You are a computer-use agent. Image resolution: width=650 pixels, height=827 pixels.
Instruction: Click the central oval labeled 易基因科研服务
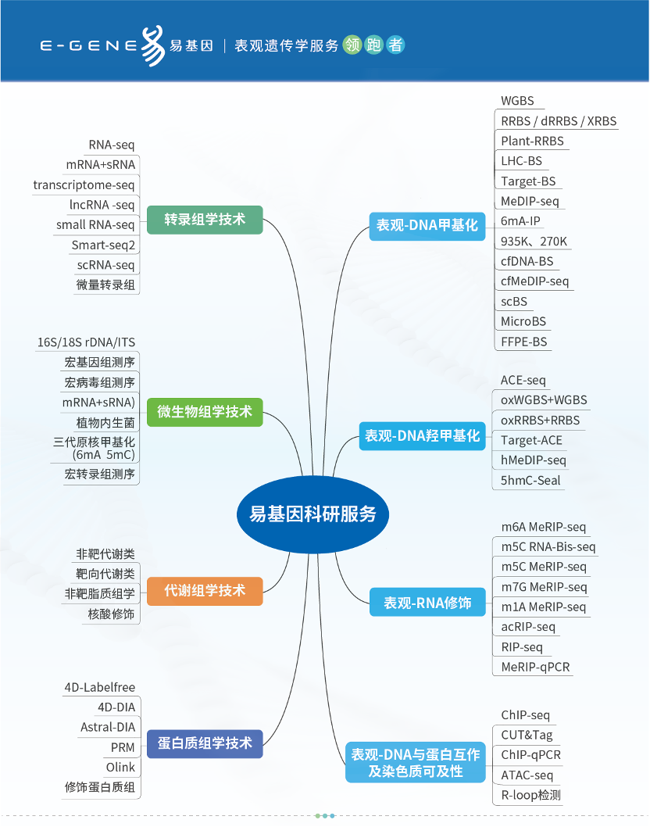point(312,514)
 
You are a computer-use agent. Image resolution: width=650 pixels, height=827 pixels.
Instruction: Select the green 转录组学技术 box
point(205,220)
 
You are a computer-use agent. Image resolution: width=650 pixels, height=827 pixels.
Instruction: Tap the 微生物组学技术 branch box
point(205,411)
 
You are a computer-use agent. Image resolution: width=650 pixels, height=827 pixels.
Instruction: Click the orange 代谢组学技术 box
point(205,590)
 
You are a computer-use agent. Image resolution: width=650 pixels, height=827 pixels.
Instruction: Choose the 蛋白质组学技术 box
point(205,743)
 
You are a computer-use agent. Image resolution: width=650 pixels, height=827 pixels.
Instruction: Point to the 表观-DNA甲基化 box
point(427,225)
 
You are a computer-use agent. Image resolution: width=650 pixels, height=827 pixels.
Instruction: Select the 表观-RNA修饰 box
point(427,603)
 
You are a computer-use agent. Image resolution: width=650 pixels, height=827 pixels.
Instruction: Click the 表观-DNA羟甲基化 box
point(422,436)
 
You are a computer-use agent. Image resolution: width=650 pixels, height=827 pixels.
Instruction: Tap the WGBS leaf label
point(517,101)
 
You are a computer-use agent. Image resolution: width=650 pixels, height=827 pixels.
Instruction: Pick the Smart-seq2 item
point(103,245)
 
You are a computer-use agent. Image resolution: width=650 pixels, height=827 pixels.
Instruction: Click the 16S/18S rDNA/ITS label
point(86,343)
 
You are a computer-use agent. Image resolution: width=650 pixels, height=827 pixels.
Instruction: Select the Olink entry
point(120,768)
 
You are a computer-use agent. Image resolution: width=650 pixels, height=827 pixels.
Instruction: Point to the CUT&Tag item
point(527,735)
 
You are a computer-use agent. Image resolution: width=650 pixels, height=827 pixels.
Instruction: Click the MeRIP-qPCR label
point(535,668)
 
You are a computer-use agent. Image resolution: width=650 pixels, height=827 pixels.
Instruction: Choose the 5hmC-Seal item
point(530,481)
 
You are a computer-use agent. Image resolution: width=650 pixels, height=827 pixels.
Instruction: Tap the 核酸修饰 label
point(111,614)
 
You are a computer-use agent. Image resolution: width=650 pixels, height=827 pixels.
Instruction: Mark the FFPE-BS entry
point(523,342)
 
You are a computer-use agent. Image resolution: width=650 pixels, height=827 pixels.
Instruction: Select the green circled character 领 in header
point(352,45)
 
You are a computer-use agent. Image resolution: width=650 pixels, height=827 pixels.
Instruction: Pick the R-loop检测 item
point(530,796)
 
